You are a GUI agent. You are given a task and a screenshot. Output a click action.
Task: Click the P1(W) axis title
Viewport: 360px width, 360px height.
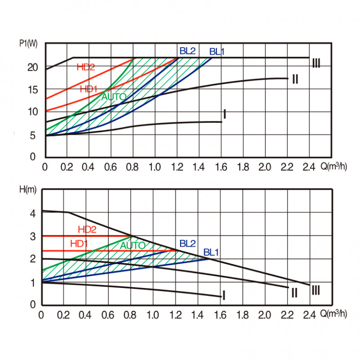tap(28, 44)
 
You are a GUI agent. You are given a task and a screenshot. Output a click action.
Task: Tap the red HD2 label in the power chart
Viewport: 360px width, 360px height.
tap(85, 67)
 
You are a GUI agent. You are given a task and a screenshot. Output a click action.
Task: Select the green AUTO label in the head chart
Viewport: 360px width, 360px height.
tap(133, 245)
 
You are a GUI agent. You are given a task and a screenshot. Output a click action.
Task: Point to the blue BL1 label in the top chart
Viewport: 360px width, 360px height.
tap(217, 51)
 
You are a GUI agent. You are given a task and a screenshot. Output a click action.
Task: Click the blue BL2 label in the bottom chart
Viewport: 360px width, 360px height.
tap(187, 243)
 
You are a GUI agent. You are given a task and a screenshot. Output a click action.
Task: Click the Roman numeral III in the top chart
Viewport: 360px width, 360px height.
tap(316, 63)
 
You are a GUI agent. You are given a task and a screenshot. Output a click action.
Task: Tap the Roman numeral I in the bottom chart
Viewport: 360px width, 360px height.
tap(224, 295)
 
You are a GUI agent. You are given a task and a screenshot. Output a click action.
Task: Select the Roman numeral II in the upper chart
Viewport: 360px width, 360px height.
tap(295, 80)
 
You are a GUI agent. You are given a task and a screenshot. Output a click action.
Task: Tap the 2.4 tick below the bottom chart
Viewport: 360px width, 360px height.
tap(310, 315)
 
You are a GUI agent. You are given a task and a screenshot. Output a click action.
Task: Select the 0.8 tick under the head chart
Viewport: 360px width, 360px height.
tap(130, 315)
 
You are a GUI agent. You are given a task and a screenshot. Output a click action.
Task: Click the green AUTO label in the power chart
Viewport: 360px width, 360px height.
tap(114, 96)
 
